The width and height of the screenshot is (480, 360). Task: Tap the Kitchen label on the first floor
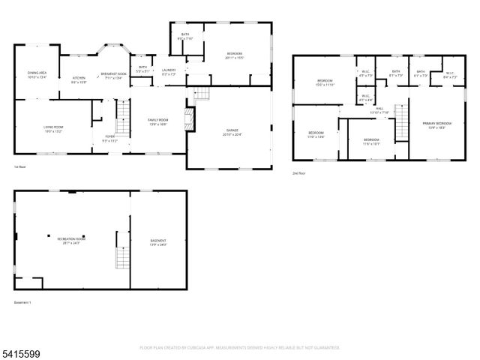(79, 79)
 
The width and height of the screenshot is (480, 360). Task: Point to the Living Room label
(52, 129)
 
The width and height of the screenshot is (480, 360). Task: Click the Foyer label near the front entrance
(109, 137)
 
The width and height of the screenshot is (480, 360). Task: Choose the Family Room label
(157, 121)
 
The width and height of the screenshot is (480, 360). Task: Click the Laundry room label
(168, 72)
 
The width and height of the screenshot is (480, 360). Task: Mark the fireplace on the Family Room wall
(189, 118)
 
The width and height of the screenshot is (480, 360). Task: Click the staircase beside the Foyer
(122, 118)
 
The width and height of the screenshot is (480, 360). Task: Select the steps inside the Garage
(200, 94)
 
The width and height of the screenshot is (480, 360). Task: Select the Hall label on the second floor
(381, 110)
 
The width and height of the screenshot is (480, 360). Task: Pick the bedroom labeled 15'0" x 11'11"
(325, 82)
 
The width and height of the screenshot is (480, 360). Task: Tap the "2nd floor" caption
(299, 172)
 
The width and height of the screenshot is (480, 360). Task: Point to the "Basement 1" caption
(22, 303)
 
